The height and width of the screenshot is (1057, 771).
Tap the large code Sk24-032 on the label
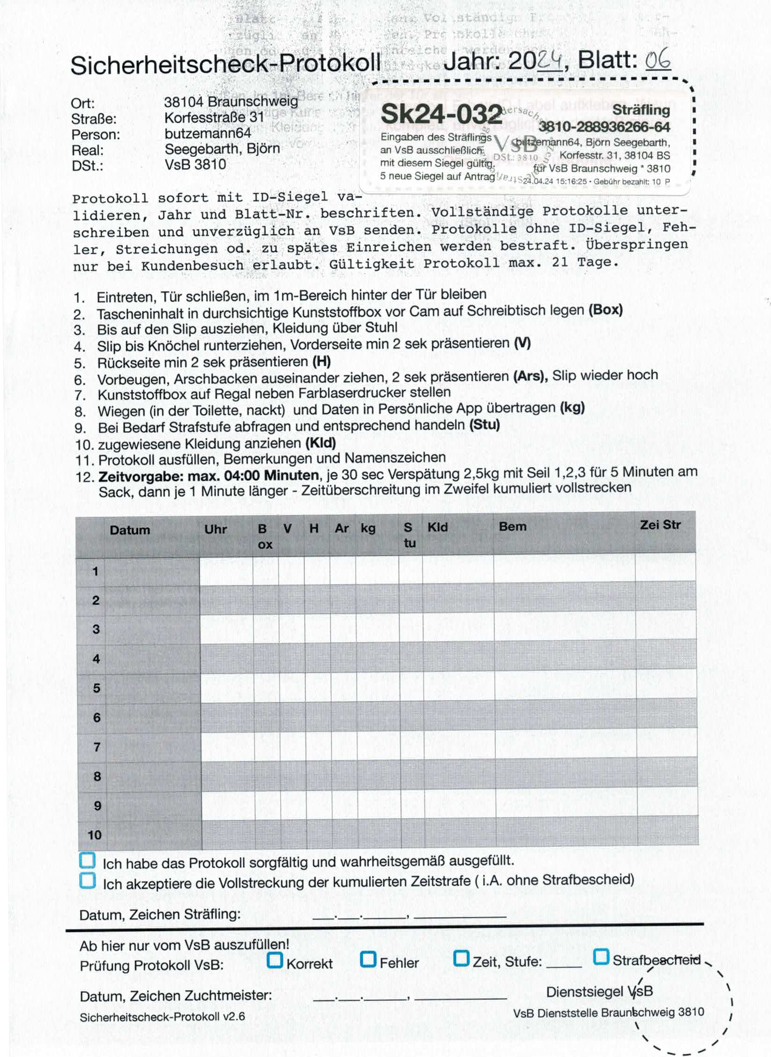(x=441, y=114)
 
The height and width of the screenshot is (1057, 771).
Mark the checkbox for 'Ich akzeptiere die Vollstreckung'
(x=87, y=881)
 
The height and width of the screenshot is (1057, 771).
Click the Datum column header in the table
(x=130, y=530)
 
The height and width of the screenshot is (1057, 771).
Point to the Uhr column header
(x=215, y=529)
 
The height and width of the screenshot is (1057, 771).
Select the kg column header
(x=368, y=528)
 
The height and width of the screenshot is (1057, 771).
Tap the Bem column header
(x=512, y=527)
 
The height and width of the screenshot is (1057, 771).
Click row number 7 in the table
(x=97, y=747)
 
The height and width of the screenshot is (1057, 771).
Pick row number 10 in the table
(x=95, y=835)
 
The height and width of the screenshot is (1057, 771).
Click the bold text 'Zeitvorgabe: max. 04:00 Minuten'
(x=208, y=476)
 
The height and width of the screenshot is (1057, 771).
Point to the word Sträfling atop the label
(x=641, y=110)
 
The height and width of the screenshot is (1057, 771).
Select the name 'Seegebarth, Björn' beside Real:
(x=222, y=149)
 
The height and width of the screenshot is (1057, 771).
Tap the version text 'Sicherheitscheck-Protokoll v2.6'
(x=162, y=1017)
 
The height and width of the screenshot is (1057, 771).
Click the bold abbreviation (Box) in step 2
(x=605, y=310)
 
